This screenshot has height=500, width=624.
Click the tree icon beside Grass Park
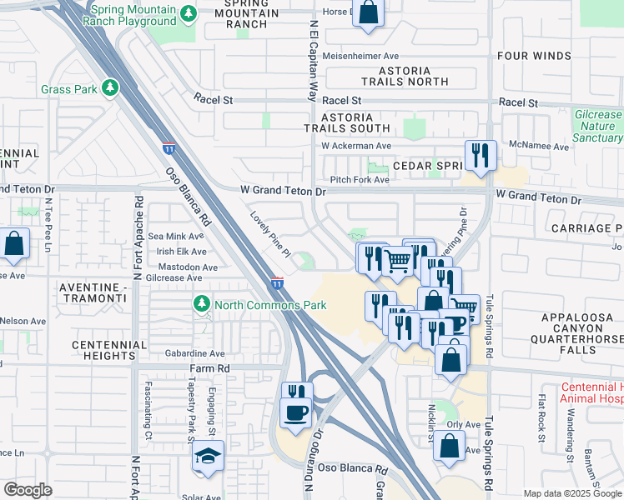(x=109, y=88)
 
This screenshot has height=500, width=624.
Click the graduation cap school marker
(x=207, y=457)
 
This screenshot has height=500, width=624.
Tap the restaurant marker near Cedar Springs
(x=481, y=155)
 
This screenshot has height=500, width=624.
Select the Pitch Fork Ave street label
(x=360, y=180)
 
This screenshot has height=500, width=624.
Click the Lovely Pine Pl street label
(x=269, y=233)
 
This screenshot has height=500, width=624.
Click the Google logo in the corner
(x=28, y=490)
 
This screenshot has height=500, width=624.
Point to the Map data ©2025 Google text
(x=571, y=493)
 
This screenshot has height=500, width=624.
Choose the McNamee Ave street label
(x=540, y=147)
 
